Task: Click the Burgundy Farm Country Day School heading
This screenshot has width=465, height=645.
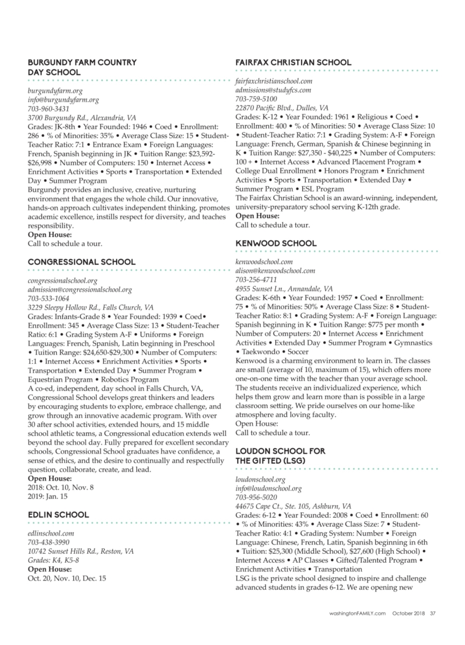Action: [x=82, y=67]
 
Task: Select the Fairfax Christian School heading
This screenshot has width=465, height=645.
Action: [x=293, y=62]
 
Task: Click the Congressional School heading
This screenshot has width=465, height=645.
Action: [x=81, y=262]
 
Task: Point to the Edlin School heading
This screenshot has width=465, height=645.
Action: [x=55, y=514]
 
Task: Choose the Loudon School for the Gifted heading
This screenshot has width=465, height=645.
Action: [x=280, y=456]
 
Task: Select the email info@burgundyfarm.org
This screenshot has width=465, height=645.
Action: [x=63, y=99]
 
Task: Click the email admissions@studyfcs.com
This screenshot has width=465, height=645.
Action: [x=273, y=90]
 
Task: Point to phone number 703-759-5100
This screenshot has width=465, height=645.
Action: [x=256, y=99]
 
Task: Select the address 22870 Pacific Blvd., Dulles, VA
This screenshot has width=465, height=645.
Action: [x=282, y=107]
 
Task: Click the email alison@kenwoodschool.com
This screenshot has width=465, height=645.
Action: [x=275, y=271]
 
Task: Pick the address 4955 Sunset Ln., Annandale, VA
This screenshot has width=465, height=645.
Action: [x=284, y=288]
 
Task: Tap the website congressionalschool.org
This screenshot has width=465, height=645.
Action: [x=62, y=281]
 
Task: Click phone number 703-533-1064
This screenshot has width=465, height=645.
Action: [x=48, y=298]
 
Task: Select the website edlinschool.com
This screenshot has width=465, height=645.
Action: [x=51, y=534]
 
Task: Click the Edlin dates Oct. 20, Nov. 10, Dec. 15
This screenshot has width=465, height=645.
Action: [x=67, y=578]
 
